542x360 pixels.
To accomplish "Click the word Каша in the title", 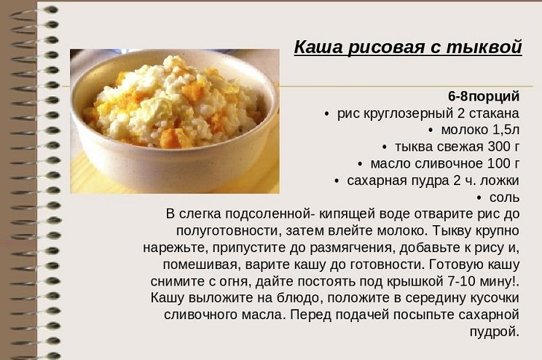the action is coord(318,47).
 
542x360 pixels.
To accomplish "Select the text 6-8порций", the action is coord(484,96).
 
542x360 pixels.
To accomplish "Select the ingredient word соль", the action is coord(504,197).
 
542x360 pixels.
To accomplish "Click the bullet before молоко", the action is coord(431,130).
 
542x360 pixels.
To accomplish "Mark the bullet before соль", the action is coord(479,198).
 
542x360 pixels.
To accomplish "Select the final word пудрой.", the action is coord(495,332).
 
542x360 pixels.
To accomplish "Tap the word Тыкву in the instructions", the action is coord(449,231).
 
